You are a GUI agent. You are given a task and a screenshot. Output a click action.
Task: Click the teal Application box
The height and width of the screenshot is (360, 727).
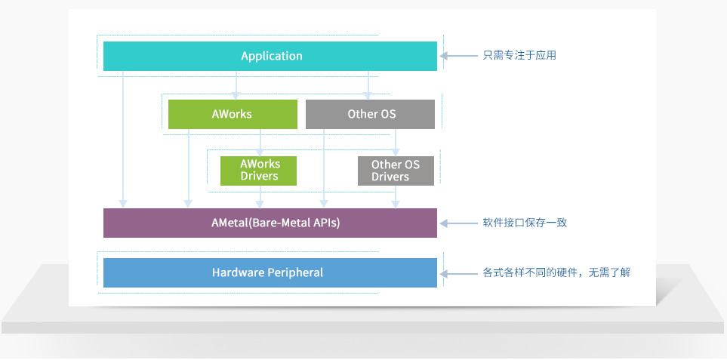tap(270, 56)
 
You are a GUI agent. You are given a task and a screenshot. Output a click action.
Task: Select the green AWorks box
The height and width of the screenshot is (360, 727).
tap(233, 114)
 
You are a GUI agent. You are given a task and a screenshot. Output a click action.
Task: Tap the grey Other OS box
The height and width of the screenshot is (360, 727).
tap(370, 114)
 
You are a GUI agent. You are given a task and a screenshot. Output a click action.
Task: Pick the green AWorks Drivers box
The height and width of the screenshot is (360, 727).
tap(258, 171)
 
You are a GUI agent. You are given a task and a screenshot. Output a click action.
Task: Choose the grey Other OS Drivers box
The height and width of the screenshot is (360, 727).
tap(396, 171)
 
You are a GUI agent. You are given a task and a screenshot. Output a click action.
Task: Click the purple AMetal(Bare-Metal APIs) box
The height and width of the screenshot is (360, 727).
tap(270, 223)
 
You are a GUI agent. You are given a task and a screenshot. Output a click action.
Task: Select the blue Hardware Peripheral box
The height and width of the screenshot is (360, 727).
tap(270, 272)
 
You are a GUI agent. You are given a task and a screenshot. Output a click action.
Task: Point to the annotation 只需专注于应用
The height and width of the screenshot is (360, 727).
tap(519, 56)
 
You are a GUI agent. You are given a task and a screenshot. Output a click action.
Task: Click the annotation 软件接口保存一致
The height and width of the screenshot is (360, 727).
tap(525, 223)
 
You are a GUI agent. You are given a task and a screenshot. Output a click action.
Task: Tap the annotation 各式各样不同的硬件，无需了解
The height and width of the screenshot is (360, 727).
tap(556, 272)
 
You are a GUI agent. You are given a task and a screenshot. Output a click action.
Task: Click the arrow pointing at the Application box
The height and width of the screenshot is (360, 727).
tap(458, 56)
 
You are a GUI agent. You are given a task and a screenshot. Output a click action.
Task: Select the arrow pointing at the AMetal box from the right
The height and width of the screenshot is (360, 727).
tap(458, 223)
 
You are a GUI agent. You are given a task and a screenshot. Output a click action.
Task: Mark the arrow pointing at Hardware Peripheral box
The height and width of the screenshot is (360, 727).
tap(458, 274)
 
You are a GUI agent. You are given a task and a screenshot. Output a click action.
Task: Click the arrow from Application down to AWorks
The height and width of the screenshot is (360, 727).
tap(236, 85)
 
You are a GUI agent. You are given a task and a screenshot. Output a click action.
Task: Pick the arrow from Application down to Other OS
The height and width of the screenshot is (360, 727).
tap(368, 85)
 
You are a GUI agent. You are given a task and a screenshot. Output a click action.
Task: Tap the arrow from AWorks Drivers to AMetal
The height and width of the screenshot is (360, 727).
tap(260, 197)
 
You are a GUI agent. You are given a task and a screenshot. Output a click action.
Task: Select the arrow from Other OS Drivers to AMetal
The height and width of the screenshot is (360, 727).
tap(396, 197)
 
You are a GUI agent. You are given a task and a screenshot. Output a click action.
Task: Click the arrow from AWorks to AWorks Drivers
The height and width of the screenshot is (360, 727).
tap(260, 143)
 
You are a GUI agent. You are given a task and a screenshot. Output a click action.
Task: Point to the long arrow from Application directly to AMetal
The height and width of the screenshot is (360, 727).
tap(123, 139)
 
